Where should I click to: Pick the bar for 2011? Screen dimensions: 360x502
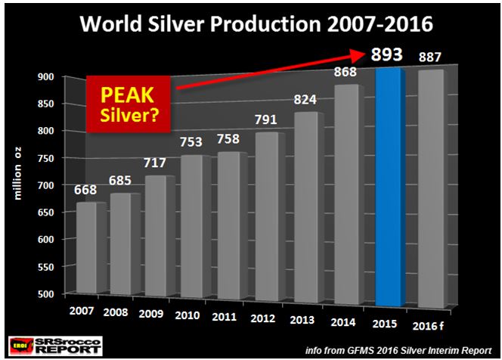click(230, 227)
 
